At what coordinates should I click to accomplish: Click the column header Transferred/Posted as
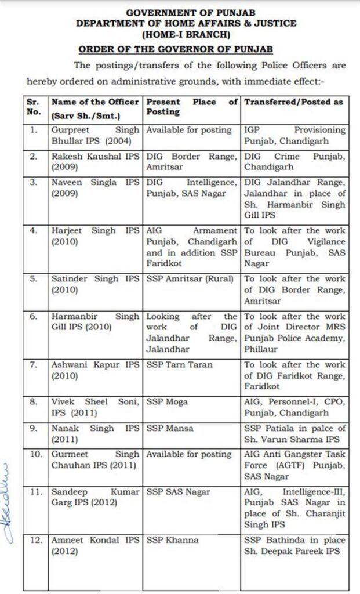point(294,102)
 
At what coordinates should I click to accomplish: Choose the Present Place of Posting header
point(191,107)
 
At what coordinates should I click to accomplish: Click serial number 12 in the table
point(36,540)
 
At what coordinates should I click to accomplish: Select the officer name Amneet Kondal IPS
point(95,545)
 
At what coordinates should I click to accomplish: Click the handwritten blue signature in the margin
point(9,504)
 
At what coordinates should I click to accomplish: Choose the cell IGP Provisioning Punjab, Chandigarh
point(294,135)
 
